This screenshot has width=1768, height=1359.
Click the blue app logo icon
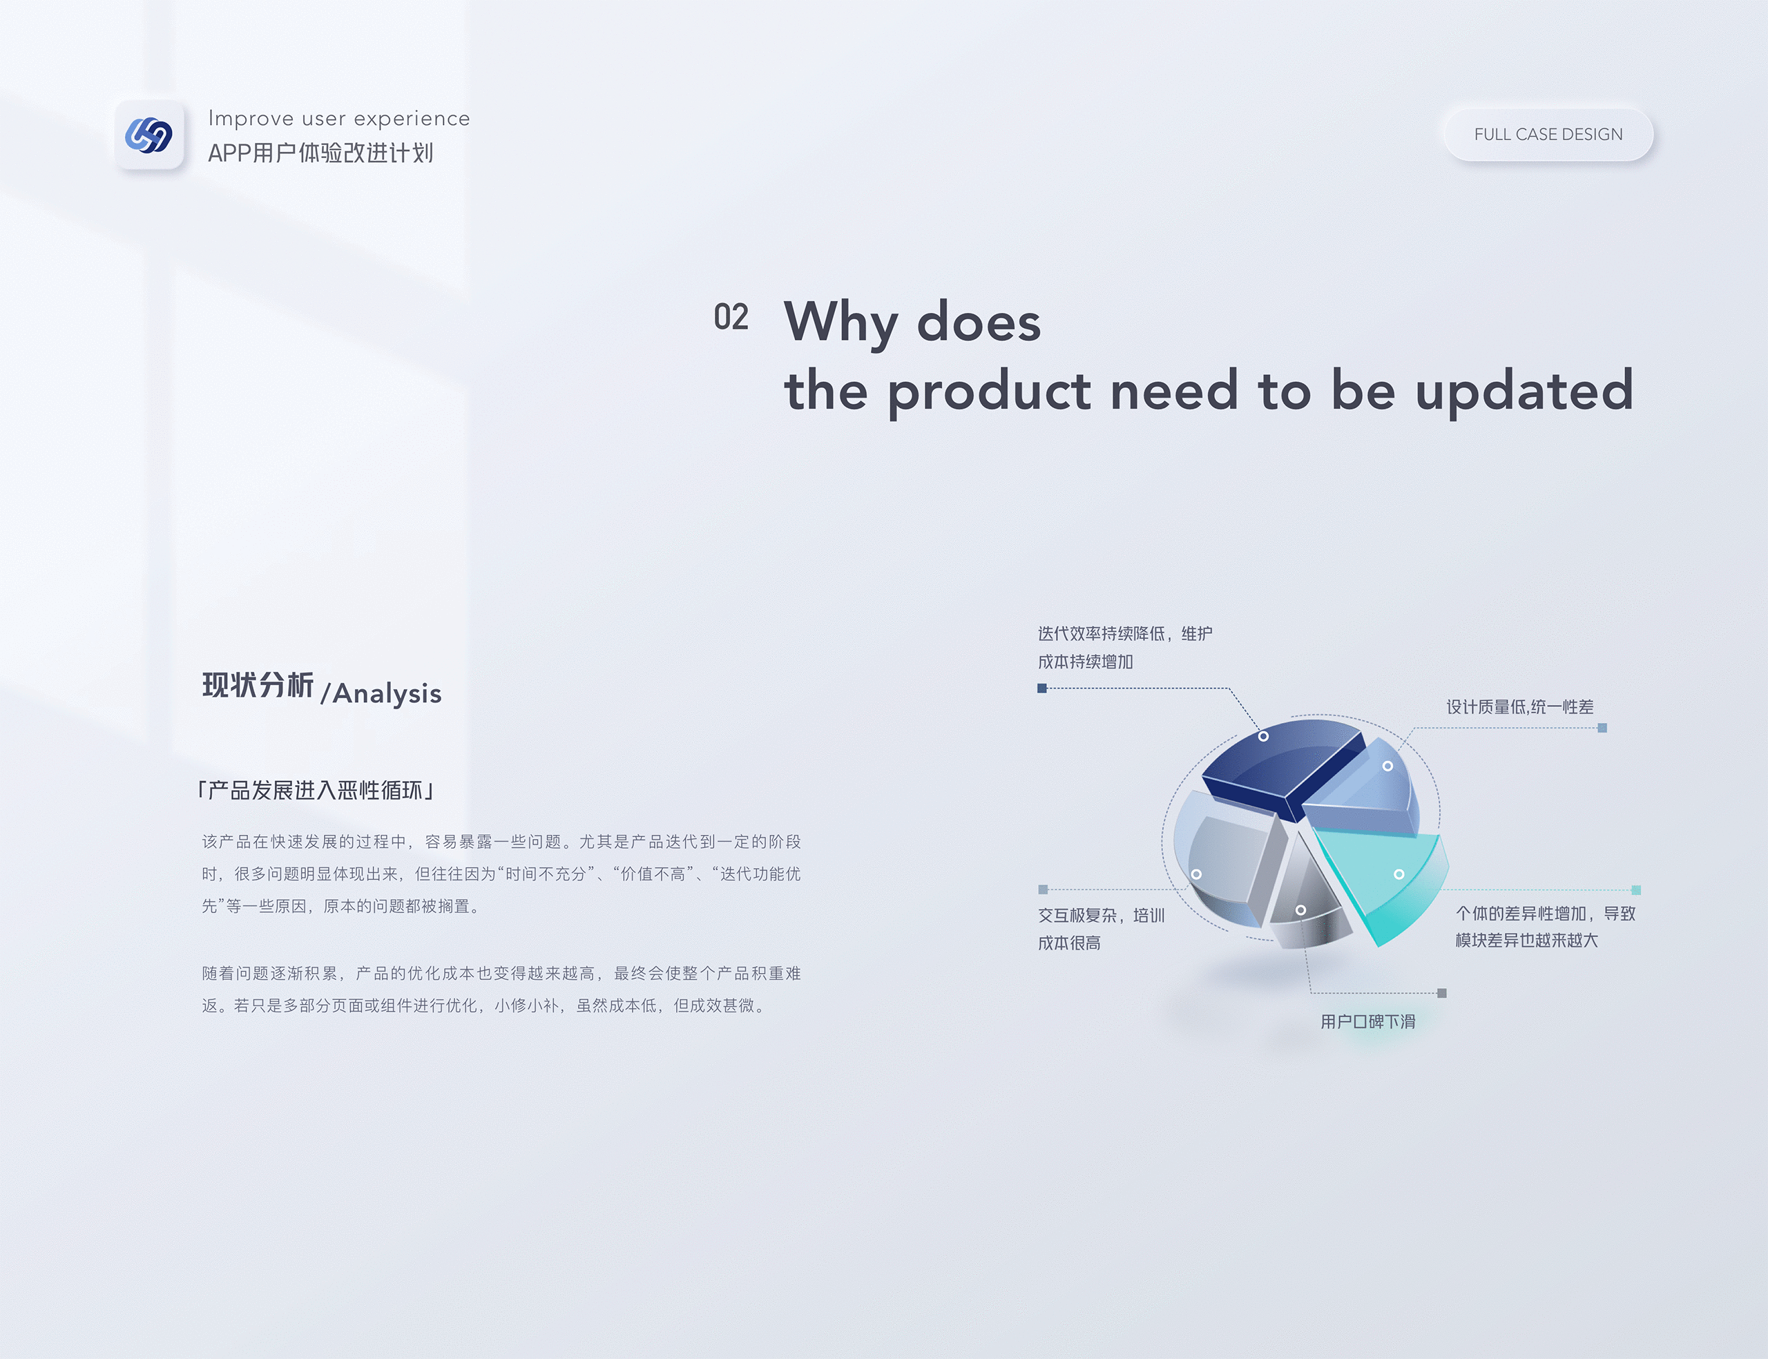click(148, 135)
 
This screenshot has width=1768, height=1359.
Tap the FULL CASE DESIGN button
click(1548, 134)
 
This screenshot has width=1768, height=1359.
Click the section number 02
click(731, 317)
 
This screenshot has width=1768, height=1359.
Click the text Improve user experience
click(339, 118)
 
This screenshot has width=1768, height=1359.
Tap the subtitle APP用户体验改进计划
click(320, 153)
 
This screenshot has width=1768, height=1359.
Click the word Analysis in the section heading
click(387, 693)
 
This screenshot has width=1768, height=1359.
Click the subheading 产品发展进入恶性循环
click(316, 790)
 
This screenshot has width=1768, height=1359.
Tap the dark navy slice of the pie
click(1278, 764)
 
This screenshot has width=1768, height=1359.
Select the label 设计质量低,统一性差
click(1519, 707)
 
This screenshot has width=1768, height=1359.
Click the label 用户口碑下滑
click(1367, 1022)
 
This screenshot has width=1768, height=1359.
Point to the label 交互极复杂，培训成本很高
click(1101, 929)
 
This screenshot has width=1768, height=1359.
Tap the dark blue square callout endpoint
click(1041, 688)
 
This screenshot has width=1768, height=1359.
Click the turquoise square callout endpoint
click(1636, 890)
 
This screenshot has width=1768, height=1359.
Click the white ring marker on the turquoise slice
click(1399, 874)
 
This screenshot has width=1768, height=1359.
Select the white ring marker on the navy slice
click(1263, 736)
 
